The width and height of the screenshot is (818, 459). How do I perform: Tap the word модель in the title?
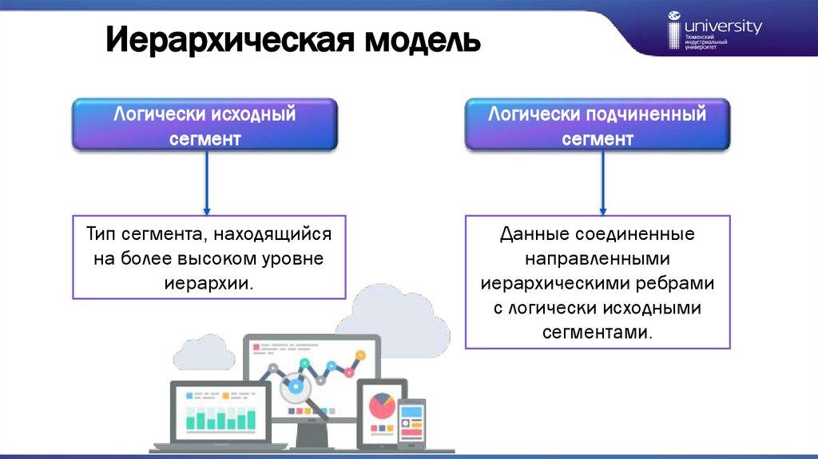click(423, 41)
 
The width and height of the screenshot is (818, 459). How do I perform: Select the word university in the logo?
click(723, 26)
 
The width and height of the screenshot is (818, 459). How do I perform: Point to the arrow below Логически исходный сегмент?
click(207, 183)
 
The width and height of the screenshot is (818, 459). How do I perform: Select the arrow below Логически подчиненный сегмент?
click(602, 183)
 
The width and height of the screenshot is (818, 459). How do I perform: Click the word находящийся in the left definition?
click(272, 234)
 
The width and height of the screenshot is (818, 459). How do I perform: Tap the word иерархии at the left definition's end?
click(208, 284)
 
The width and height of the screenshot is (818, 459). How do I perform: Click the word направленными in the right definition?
click(598, 258)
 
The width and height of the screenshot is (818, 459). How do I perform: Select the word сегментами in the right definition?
click(598, 333)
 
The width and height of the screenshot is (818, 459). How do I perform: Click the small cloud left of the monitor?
click(204, 353)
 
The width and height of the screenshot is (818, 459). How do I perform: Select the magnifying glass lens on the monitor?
click(296, 387)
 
